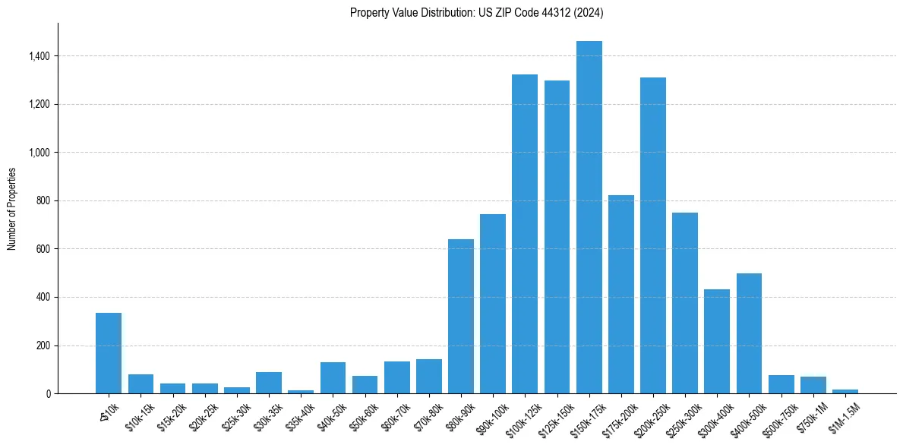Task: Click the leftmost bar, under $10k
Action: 109,353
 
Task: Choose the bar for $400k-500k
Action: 749,333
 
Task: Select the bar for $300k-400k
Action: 717,342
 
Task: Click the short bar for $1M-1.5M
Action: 845,391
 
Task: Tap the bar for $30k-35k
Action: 269,383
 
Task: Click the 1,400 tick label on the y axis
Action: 39,56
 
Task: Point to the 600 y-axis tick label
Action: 43,249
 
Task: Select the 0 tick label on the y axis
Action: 48,394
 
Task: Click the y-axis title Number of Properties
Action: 12,208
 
